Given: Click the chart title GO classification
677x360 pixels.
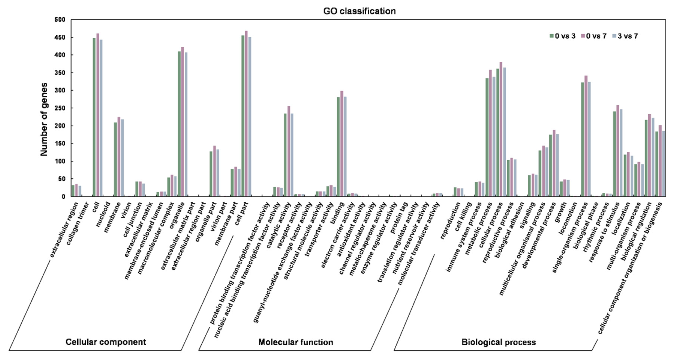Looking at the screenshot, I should [359, 11].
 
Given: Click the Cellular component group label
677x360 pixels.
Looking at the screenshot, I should [106, 342].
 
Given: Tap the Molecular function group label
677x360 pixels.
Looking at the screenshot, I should [296, 342].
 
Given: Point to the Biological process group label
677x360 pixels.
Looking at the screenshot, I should [499, 342].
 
